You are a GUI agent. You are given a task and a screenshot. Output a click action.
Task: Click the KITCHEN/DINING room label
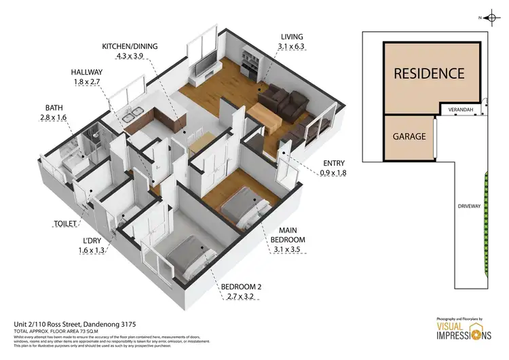click(x=130, y=46)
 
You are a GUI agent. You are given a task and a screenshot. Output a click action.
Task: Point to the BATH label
click(x=54, y=107)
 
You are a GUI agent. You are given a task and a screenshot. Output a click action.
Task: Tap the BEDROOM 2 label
click(x=241, y=287)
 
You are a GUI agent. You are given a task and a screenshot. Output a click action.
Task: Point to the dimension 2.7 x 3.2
click(x=241, y=297)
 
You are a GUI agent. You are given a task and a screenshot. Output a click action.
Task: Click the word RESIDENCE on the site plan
click(x=429, y=73)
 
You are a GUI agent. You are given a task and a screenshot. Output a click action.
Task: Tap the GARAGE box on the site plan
click(x=409, y=136)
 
